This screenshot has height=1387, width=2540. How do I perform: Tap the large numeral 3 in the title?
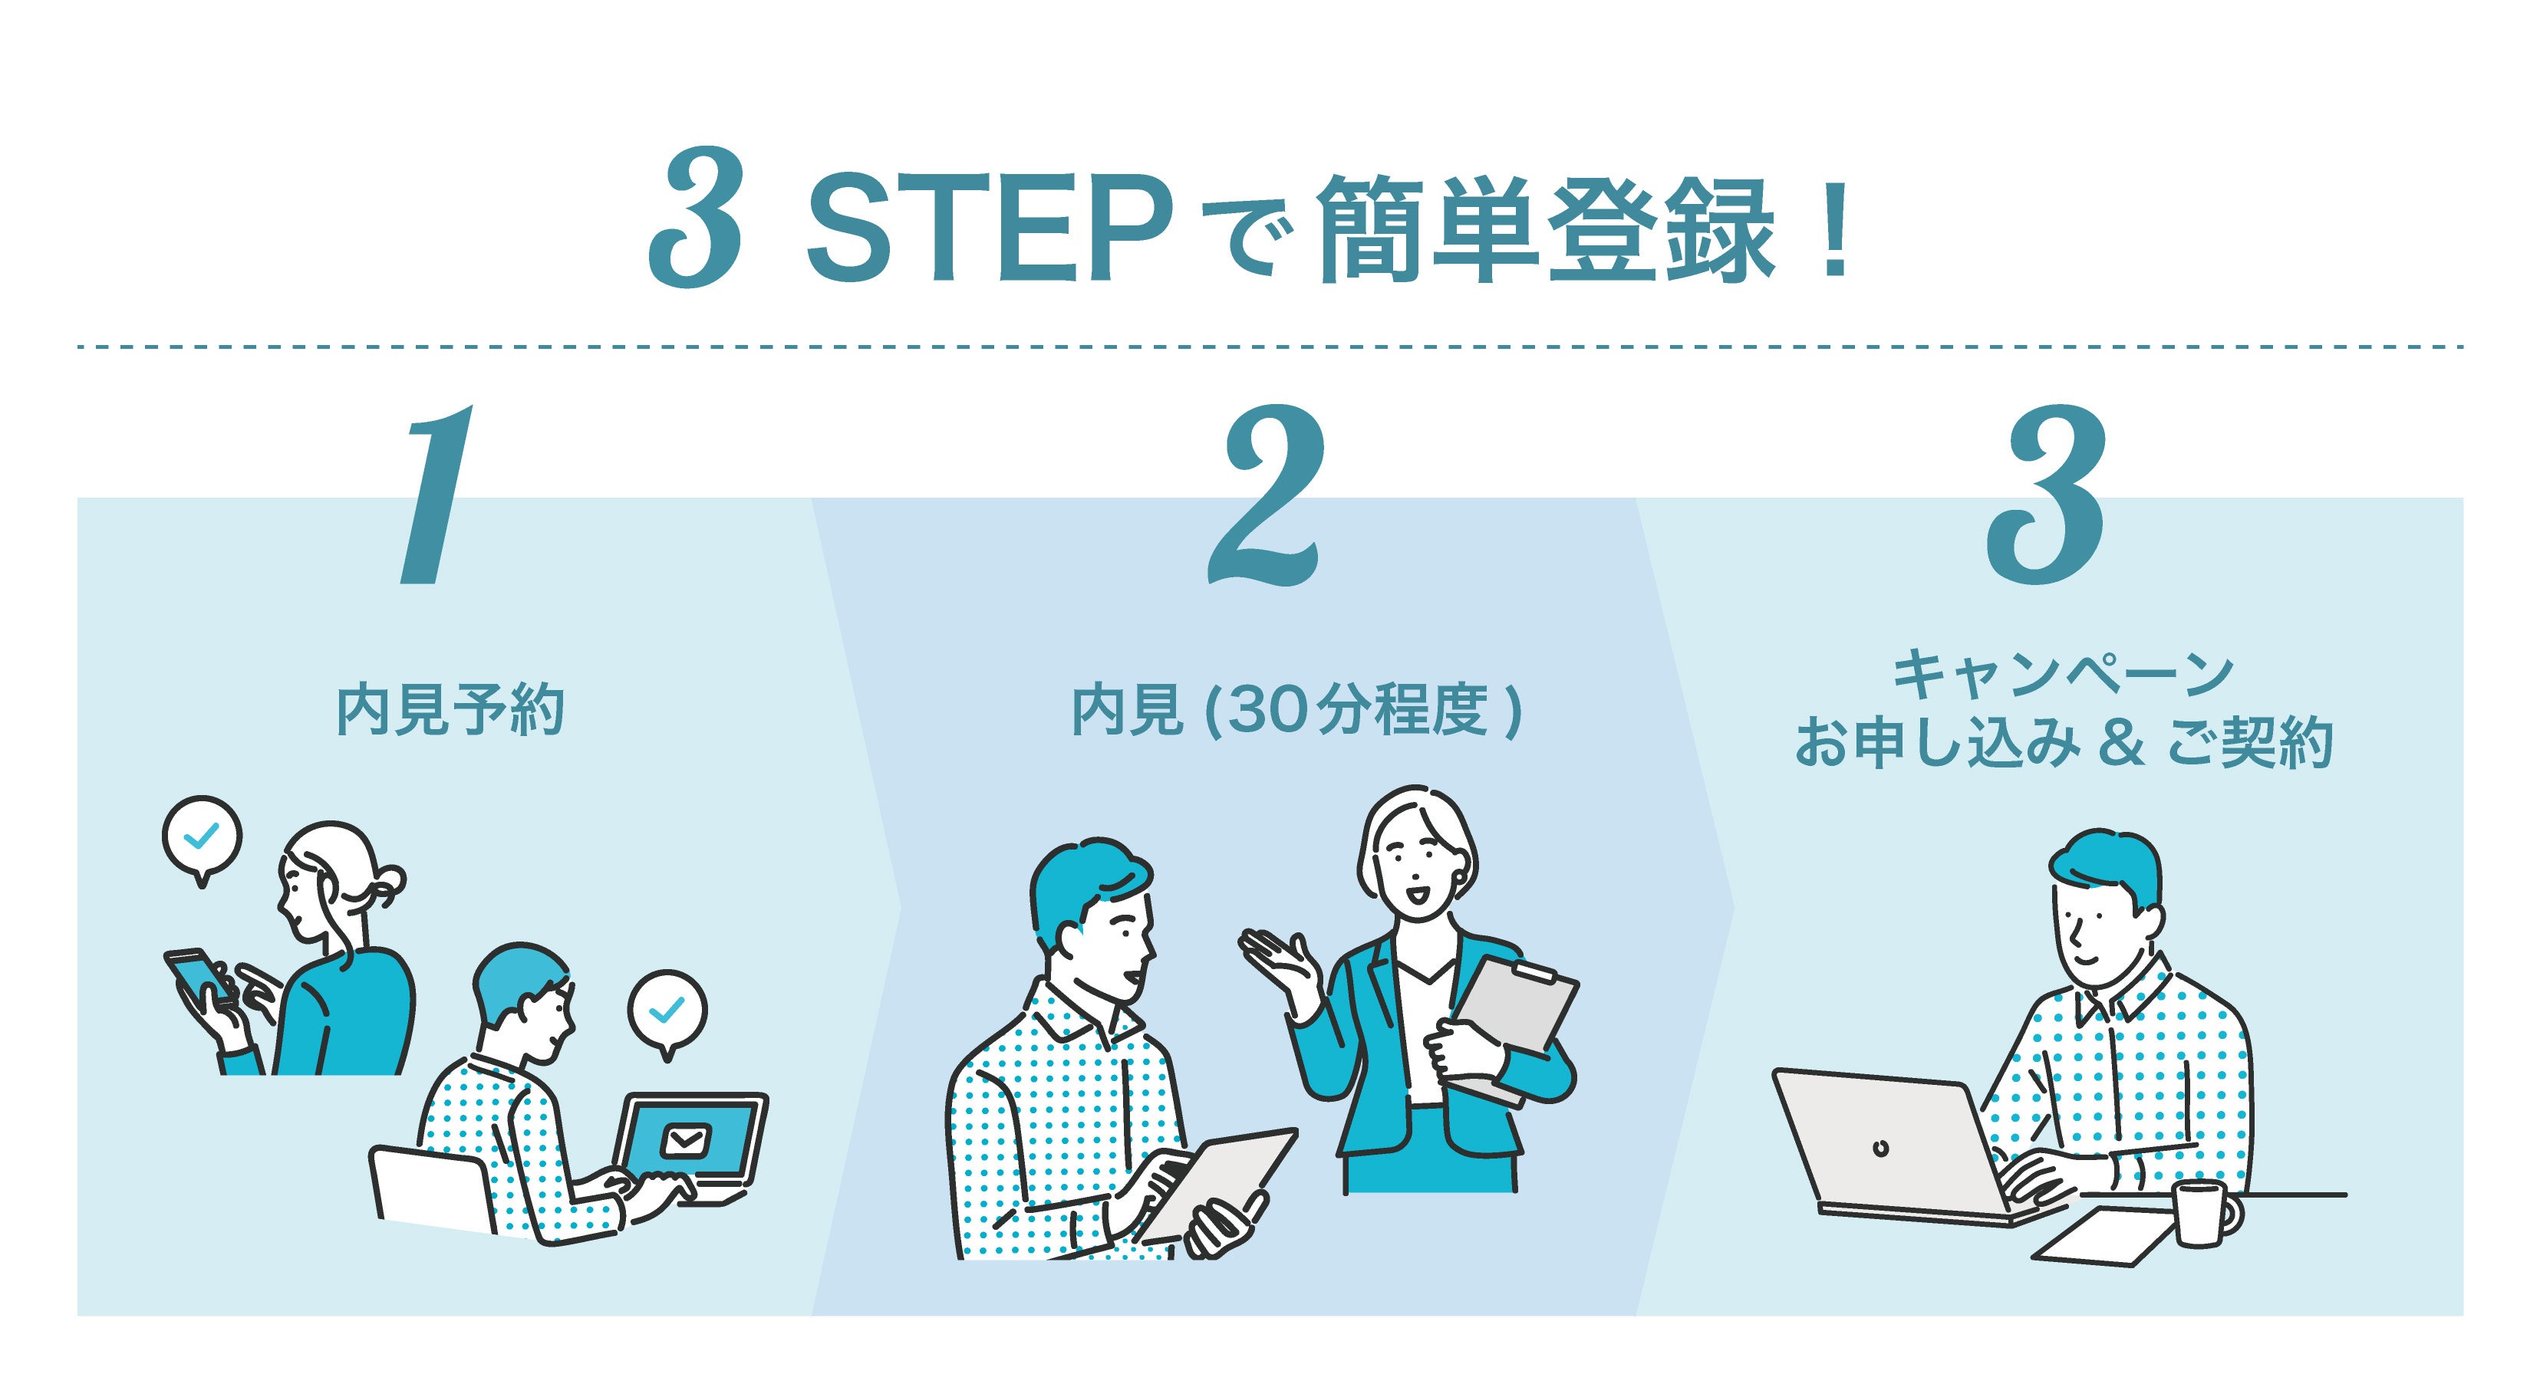696,218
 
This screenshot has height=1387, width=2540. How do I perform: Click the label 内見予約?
450,711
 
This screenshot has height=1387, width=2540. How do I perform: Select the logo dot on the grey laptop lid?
1881,1149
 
